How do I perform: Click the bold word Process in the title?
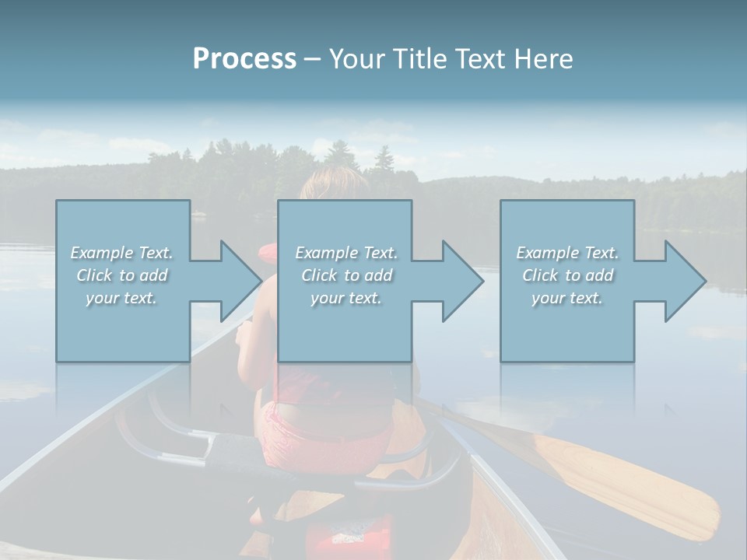(244, 59)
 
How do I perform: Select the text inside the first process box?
(121, 275)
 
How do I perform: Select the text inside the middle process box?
(345, 275)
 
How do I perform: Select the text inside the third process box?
(567, 275)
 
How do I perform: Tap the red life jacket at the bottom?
(342, 537)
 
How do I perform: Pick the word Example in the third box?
(547, 253)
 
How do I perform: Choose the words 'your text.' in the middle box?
(345, 298)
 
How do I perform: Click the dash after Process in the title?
(312, 59)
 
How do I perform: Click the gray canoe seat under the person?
(233, 451)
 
